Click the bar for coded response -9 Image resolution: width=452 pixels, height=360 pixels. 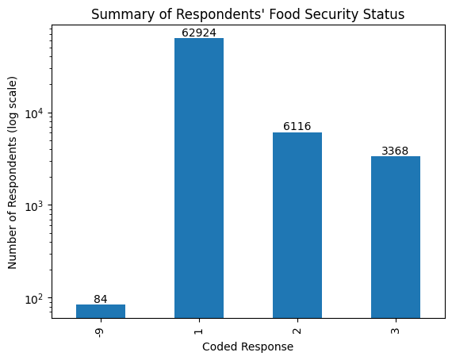(101, 311)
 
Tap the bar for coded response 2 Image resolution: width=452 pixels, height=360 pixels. (297, 225)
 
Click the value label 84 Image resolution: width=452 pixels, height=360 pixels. (101, 299)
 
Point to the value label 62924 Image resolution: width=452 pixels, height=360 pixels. (198, 33)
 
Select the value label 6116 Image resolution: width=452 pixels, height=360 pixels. (297, 127)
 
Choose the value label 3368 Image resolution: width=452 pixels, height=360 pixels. (395, 151)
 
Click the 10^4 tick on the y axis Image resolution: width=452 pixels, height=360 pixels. (36, 113)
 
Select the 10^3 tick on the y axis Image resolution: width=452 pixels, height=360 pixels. (36, 206)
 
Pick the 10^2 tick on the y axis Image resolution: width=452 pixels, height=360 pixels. (36, 299)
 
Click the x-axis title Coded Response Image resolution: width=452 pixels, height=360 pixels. (247, 347)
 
